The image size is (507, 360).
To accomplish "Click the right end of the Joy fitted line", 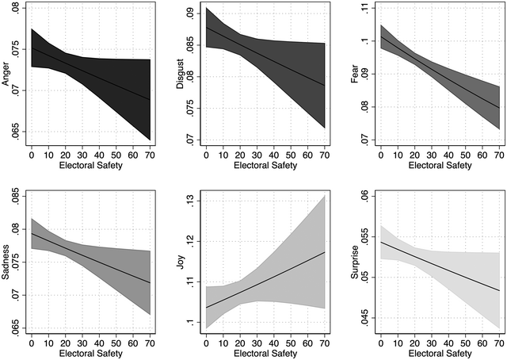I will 326,252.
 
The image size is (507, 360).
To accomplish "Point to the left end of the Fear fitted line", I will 381,36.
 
